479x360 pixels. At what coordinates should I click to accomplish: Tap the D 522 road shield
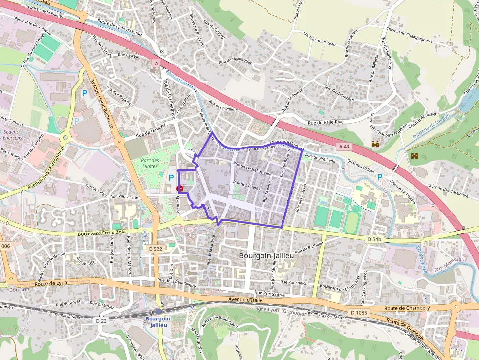point(154,249)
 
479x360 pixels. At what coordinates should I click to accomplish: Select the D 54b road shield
point(374,239)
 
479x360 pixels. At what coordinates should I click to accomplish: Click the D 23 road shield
point(101,321)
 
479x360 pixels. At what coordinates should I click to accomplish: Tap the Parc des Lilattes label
point(150,163)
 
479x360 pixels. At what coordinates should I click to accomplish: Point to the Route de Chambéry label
point(407,308)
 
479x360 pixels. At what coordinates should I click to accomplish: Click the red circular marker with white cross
point(180,188)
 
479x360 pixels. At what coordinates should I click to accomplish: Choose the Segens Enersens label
point(14,135)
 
